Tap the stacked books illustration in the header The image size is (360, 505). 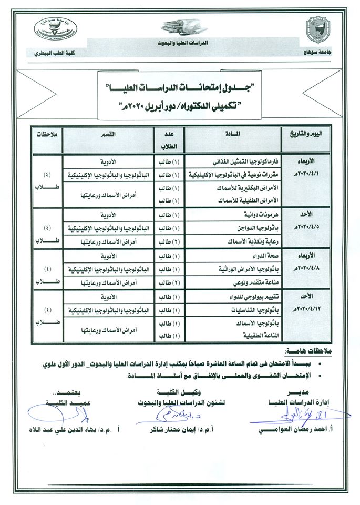click(180, 26)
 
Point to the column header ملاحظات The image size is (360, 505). click(46, 134)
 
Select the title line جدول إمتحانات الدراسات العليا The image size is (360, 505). click(180, 86)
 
